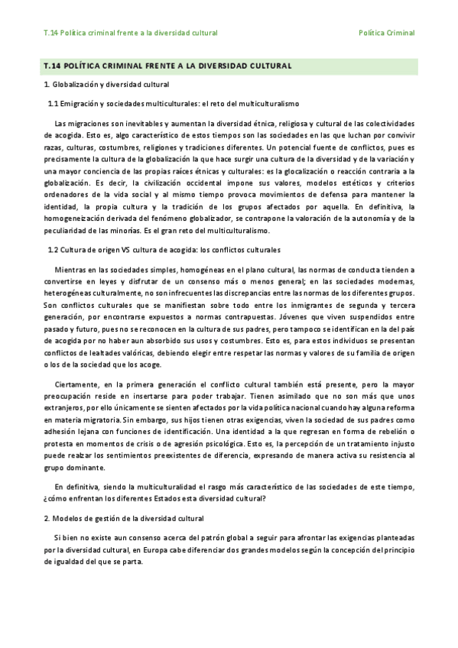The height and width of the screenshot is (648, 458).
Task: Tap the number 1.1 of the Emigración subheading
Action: [54, 102]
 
